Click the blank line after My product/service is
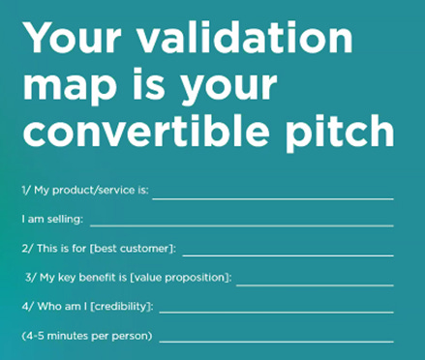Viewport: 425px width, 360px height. (x=272, y=197)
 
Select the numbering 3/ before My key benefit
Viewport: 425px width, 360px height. (x=32, y=279)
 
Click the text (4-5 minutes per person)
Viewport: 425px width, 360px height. (x=86, y=336)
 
